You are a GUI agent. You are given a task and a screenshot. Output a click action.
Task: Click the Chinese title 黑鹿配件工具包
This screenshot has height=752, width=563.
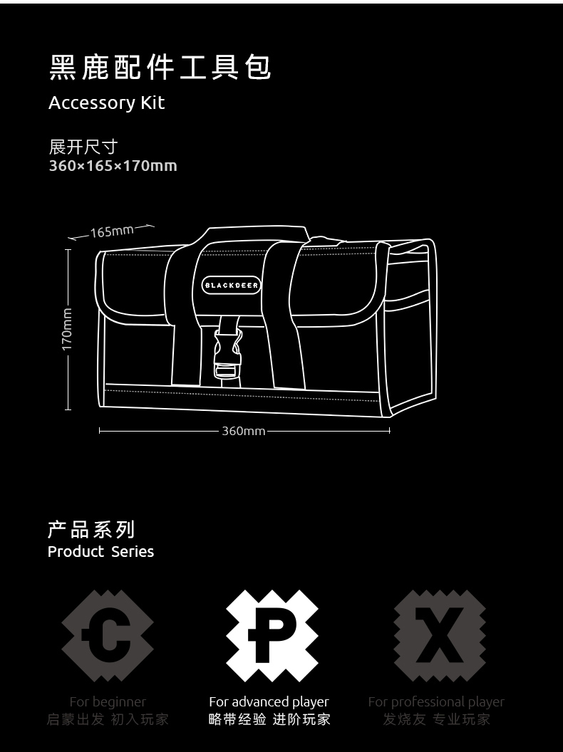click(160, 67)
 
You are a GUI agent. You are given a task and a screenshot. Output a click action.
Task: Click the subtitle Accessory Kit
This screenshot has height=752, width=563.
click(106, 103)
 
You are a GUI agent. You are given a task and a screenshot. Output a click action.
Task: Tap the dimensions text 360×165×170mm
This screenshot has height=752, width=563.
click(113, 166)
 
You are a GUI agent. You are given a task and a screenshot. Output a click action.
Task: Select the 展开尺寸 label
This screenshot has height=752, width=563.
click(83, 147)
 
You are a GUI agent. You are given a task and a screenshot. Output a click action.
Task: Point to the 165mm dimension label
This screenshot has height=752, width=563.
click(112, 231)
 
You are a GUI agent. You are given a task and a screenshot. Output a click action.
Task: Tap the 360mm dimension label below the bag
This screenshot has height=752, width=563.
click(244, 431)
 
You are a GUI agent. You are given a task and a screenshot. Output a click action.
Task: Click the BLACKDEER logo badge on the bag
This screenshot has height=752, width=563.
click(232, 286)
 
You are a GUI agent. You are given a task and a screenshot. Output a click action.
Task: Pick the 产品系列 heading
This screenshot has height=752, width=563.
click(91, 530)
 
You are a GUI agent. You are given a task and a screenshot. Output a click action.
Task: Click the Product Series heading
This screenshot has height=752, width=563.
click(100, 552)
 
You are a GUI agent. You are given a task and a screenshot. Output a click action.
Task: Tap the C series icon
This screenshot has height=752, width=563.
click(108, 636)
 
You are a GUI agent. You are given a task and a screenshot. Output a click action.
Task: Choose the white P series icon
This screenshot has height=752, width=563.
click(272, 636)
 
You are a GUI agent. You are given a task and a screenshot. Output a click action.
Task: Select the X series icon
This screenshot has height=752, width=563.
click(439, 636)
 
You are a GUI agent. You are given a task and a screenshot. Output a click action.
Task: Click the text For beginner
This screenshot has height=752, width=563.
click(108, 702)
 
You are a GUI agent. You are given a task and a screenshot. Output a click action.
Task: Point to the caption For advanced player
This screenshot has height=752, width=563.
click(269, 702)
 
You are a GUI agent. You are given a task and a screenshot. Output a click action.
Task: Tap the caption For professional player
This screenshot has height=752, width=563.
click(436, 702)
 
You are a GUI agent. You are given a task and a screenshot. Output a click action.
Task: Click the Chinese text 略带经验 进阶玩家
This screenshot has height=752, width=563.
click(269, 719)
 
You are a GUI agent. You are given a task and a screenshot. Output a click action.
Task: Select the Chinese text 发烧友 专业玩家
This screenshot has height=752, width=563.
click(436, 719)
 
